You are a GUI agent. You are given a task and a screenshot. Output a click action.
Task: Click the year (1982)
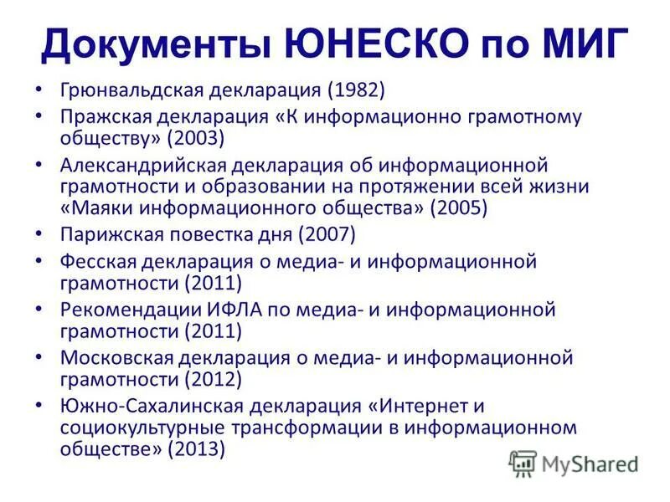point(355,88)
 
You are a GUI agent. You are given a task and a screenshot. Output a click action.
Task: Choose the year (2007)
point(330,233)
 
